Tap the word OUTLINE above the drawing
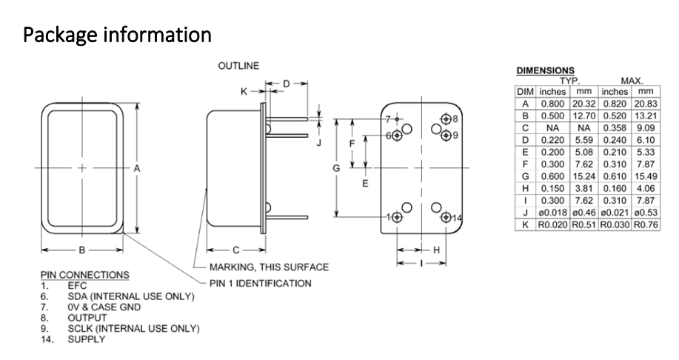click(238, 67)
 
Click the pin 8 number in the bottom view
click(455, 119)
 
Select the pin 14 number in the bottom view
click(456, 218)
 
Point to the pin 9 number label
click(455, 135)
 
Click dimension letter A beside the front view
click(137, 169)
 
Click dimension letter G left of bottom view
click(337, 168)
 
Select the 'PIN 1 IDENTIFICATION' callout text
click(260, 283)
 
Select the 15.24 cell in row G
click(583, 176)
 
